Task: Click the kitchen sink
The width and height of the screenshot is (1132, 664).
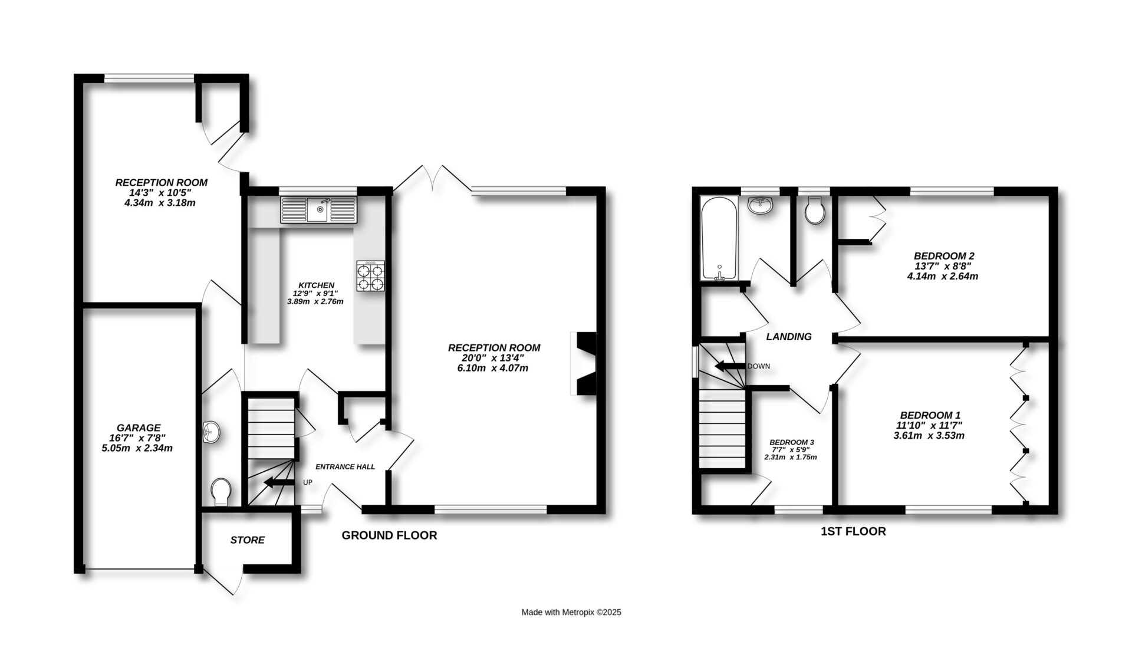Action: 319,210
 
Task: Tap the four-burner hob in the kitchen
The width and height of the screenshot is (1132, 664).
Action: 370,276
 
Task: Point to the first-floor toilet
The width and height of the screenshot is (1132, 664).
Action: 815,210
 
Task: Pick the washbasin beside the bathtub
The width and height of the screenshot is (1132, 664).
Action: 760,205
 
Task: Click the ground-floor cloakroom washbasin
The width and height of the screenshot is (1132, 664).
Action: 210,432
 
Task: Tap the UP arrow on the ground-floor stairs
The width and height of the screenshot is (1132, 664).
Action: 279,483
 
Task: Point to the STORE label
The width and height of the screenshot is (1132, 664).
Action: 248,540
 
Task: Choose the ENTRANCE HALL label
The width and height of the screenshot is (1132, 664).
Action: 345,467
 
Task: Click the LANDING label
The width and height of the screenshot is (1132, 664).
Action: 789,337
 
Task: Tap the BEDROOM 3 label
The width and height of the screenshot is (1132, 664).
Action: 792,442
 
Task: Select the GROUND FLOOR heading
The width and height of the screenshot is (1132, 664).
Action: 390,535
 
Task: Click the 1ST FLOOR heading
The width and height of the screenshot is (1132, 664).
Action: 854,531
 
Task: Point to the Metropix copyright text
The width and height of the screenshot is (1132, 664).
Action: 571,612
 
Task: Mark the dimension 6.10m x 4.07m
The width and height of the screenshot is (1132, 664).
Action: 494,369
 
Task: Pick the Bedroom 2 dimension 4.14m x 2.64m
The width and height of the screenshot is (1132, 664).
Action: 943,276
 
